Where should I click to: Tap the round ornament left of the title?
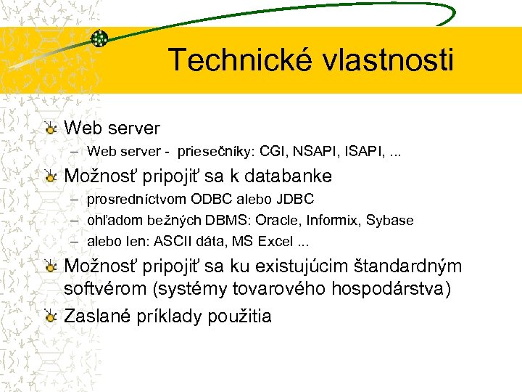click(x=100, y=38)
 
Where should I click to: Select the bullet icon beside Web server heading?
click(x=49, y=129)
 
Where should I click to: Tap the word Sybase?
click(x=390, y=220)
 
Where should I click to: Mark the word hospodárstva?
click(x=390, y=289)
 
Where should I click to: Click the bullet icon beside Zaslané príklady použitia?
click(x=49, y=317)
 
